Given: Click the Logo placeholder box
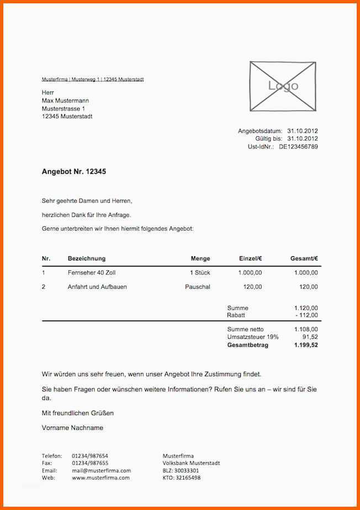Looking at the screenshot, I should (x=283, y=86).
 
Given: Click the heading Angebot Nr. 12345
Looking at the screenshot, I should (x=74, y=172).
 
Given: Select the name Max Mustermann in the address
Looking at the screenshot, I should (x=65, y=101).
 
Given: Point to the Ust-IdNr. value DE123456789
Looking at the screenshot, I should (x=298, y=147).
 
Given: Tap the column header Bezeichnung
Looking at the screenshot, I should (x=87, y=258).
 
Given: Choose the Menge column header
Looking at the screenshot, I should (x=200, y=258).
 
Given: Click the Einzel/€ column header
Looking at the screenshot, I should (x=250, y=258).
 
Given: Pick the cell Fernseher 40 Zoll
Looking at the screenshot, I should (x=92, y=273).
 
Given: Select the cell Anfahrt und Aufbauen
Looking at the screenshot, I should (x=97, y=287).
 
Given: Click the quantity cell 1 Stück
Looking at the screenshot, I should (x=200, y=273).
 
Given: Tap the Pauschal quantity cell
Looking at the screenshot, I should (x=198, y=287).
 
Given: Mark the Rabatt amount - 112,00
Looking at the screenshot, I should (x=306, y=315).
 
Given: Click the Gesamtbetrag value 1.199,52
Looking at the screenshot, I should (x=306, y=345).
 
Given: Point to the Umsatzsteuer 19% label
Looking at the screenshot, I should (x=253, y=337).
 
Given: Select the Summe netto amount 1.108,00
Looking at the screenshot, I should (x=306, y=329).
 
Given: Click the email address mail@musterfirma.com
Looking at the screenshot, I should (x=101, y=471).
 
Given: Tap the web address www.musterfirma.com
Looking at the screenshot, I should (x=100, y=478).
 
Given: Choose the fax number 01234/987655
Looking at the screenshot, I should (x=90, y=463).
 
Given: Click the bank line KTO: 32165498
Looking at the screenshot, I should (x=182, y=478).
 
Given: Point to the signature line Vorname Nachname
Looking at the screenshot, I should (x=72, y=428).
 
